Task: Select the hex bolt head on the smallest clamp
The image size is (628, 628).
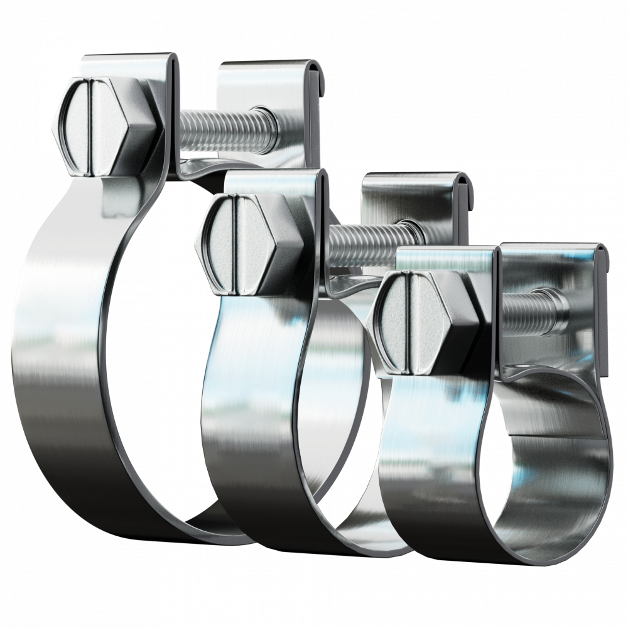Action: (427, 320)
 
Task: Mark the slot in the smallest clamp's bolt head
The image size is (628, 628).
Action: (411, 320)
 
